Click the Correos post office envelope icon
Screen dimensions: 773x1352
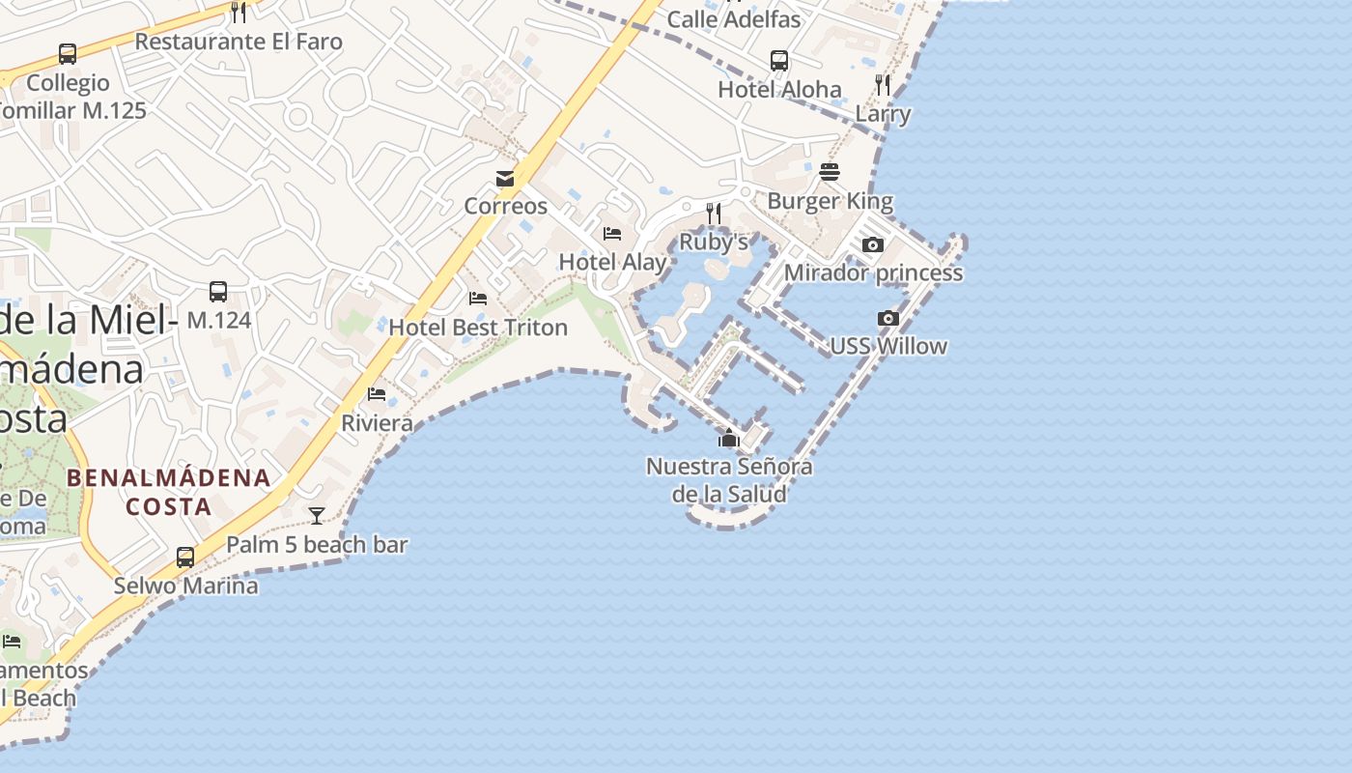(505, 178)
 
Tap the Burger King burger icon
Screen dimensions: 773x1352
(830, 172)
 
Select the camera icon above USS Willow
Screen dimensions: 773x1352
(888, 318)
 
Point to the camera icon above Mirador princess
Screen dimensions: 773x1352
(873, 244)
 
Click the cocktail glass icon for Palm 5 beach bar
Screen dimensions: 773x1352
(317, 515)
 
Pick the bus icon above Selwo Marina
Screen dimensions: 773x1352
(185, 557)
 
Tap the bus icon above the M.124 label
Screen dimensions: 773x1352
(218, 291)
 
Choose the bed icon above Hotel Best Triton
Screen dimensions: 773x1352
(478, 299)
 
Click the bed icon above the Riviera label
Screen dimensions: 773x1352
(377, 394)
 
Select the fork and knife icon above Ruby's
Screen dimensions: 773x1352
(714, 213)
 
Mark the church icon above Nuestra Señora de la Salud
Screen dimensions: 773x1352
(729, 438)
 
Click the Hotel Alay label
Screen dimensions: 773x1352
(612, 262)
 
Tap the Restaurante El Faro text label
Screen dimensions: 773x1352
(239, 42)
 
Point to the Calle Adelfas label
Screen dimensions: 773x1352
(734, 19)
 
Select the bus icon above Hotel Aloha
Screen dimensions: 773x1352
(779, 61)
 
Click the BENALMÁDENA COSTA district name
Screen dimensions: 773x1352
(169, 492)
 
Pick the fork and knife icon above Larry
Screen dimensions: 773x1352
(883, 85)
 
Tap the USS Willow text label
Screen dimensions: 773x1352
(888, 346)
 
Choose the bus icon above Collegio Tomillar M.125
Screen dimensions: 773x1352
(68, 54)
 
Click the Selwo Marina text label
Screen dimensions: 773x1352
(186, 586)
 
